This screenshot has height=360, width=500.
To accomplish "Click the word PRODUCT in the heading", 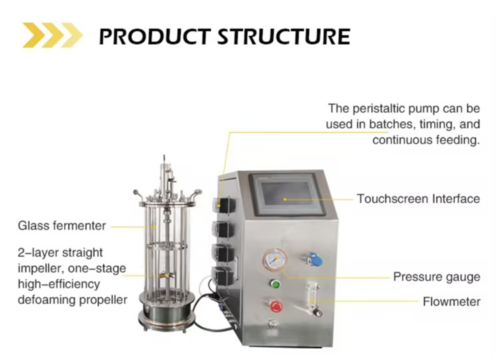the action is pyautogui.click(x=155, y=37).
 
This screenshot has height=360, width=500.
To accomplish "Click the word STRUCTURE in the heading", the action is pyautogui.click(x=285, y=37).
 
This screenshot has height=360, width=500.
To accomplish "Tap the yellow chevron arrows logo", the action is pyautogui.click(x=53, y=35).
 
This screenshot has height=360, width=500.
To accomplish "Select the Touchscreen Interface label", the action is pyautogui.click(x=419, y=199).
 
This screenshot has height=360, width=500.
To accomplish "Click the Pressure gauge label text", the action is pyautogui.click(x=437, y=277).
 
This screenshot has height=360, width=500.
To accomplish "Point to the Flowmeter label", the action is pyautogui.click(x=451, y=301).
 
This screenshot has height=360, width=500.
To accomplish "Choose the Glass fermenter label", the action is pyautogui.click(x=62, y=226).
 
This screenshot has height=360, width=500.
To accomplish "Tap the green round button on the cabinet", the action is pyautogui.click(x=275, y=283).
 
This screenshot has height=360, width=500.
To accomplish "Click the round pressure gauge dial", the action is pyautogui.click(x=275, y=260).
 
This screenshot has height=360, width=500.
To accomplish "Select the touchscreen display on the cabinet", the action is pyautogui.click(x=286, y=193).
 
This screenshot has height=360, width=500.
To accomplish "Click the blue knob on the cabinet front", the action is pyautogui.click(x=316, y=259).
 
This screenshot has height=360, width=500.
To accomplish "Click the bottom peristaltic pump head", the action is pyautogui.click(x=224, y=275).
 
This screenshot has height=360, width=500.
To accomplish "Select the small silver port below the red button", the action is pyautogui.click(x=273, y=325).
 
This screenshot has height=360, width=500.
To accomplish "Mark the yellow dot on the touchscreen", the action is pyautogui.click(x=285, y=199).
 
